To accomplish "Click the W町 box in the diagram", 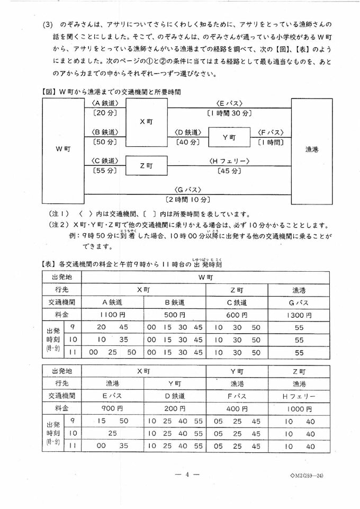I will pyautogui.click(x=62, y=150).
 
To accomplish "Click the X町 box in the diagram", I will pyautogui.click(x=146, y=122).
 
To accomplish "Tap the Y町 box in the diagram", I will pyautogui.click(x=229, y=137).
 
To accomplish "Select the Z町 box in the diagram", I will pyautogui.click(x=146, y=165).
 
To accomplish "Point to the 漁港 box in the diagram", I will pyautogui.click(x=311, y=150).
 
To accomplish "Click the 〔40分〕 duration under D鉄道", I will pyautogui.click(x=188, y=142).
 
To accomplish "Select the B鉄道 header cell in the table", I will pyautogui.click(x=175, y=302).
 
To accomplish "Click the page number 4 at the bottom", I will pyautogui.click(x=179, y=475).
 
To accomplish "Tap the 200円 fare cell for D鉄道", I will pyautogui.click(x=175, y=408).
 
